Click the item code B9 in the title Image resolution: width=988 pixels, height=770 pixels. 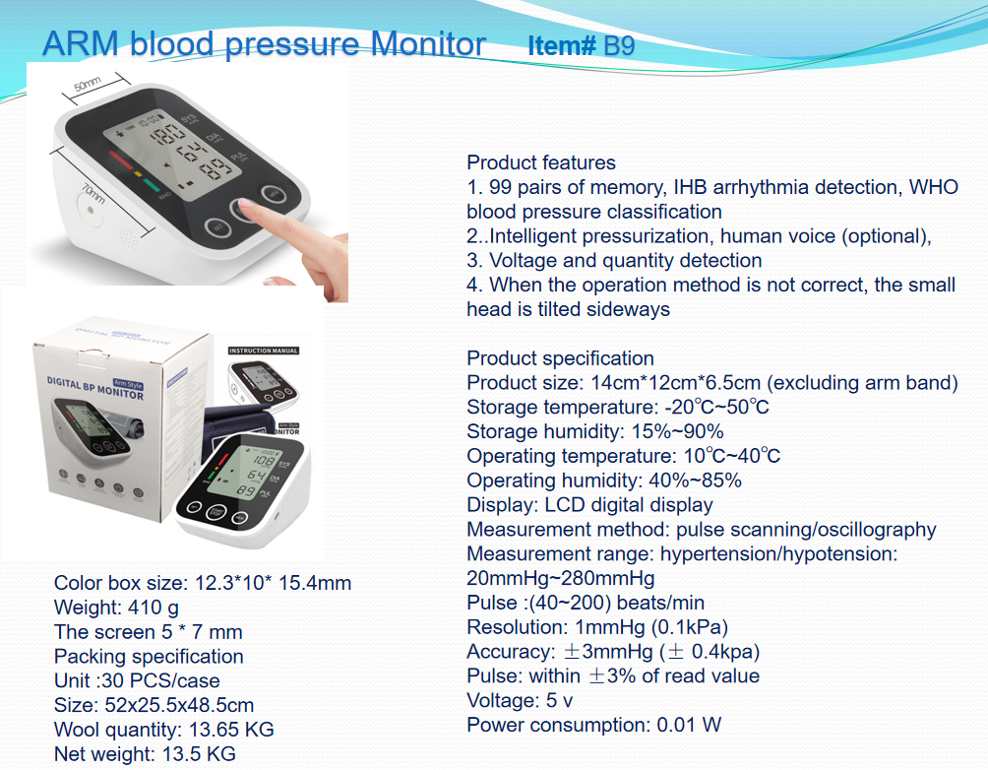619,45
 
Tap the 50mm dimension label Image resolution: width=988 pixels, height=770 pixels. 88,84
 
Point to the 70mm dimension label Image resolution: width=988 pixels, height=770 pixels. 93,192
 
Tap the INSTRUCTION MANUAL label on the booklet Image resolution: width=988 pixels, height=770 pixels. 264,351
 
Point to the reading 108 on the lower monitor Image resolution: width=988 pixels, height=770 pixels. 265,462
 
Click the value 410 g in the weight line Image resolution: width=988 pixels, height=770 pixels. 154,608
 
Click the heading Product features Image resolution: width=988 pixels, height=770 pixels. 541,162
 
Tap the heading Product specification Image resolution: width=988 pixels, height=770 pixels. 560,358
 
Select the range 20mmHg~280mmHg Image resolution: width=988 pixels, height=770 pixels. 561,578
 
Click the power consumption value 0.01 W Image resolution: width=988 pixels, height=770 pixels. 689,725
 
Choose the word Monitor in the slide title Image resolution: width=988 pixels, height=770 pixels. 428,44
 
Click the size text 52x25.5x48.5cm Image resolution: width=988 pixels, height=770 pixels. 179,705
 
